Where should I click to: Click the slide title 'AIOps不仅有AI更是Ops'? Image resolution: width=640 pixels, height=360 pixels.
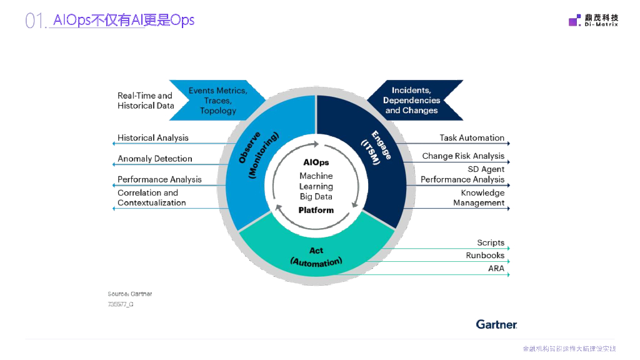[x=124, y=20]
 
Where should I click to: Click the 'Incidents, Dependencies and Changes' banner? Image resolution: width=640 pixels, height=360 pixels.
[x=412, y=100]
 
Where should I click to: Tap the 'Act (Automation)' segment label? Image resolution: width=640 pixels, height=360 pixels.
[x=316, y=257]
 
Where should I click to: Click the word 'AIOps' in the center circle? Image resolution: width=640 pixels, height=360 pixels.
[x=316, y=162]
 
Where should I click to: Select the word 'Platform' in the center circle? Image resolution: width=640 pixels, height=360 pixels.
[x=316, y=210]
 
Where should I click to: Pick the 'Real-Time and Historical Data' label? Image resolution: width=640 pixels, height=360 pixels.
[x=146, y=101]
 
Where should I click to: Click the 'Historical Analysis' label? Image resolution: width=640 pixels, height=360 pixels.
[x=153, y=137]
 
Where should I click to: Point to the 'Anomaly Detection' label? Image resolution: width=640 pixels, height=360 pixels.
[x=155, y=159]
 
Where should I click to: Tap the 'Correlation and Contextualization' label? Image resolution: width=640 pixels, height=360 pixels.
[x=152, y=197]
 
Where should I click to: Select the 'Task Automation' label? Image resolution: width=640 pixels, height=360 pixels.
[x=472, y=137]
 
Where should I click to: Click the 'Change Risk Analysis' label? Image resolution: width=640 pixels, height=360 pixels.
[x=463, y=156]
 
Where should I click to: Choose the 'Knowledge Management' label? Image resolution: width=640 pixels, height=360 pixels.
[x=479, y=197]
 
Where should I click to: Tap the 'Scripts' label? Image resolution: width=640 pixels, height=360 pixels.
[x=491, y=242]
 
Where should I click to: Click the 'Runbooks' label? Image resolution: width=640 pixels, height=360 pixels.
[x=485, y=255]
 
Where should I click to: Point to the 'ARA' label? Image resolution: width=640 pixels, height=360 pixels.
[x=496, y=268]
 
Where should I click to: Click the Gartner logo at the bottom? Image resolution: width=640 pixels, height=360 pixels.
[x=496, y=324]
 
